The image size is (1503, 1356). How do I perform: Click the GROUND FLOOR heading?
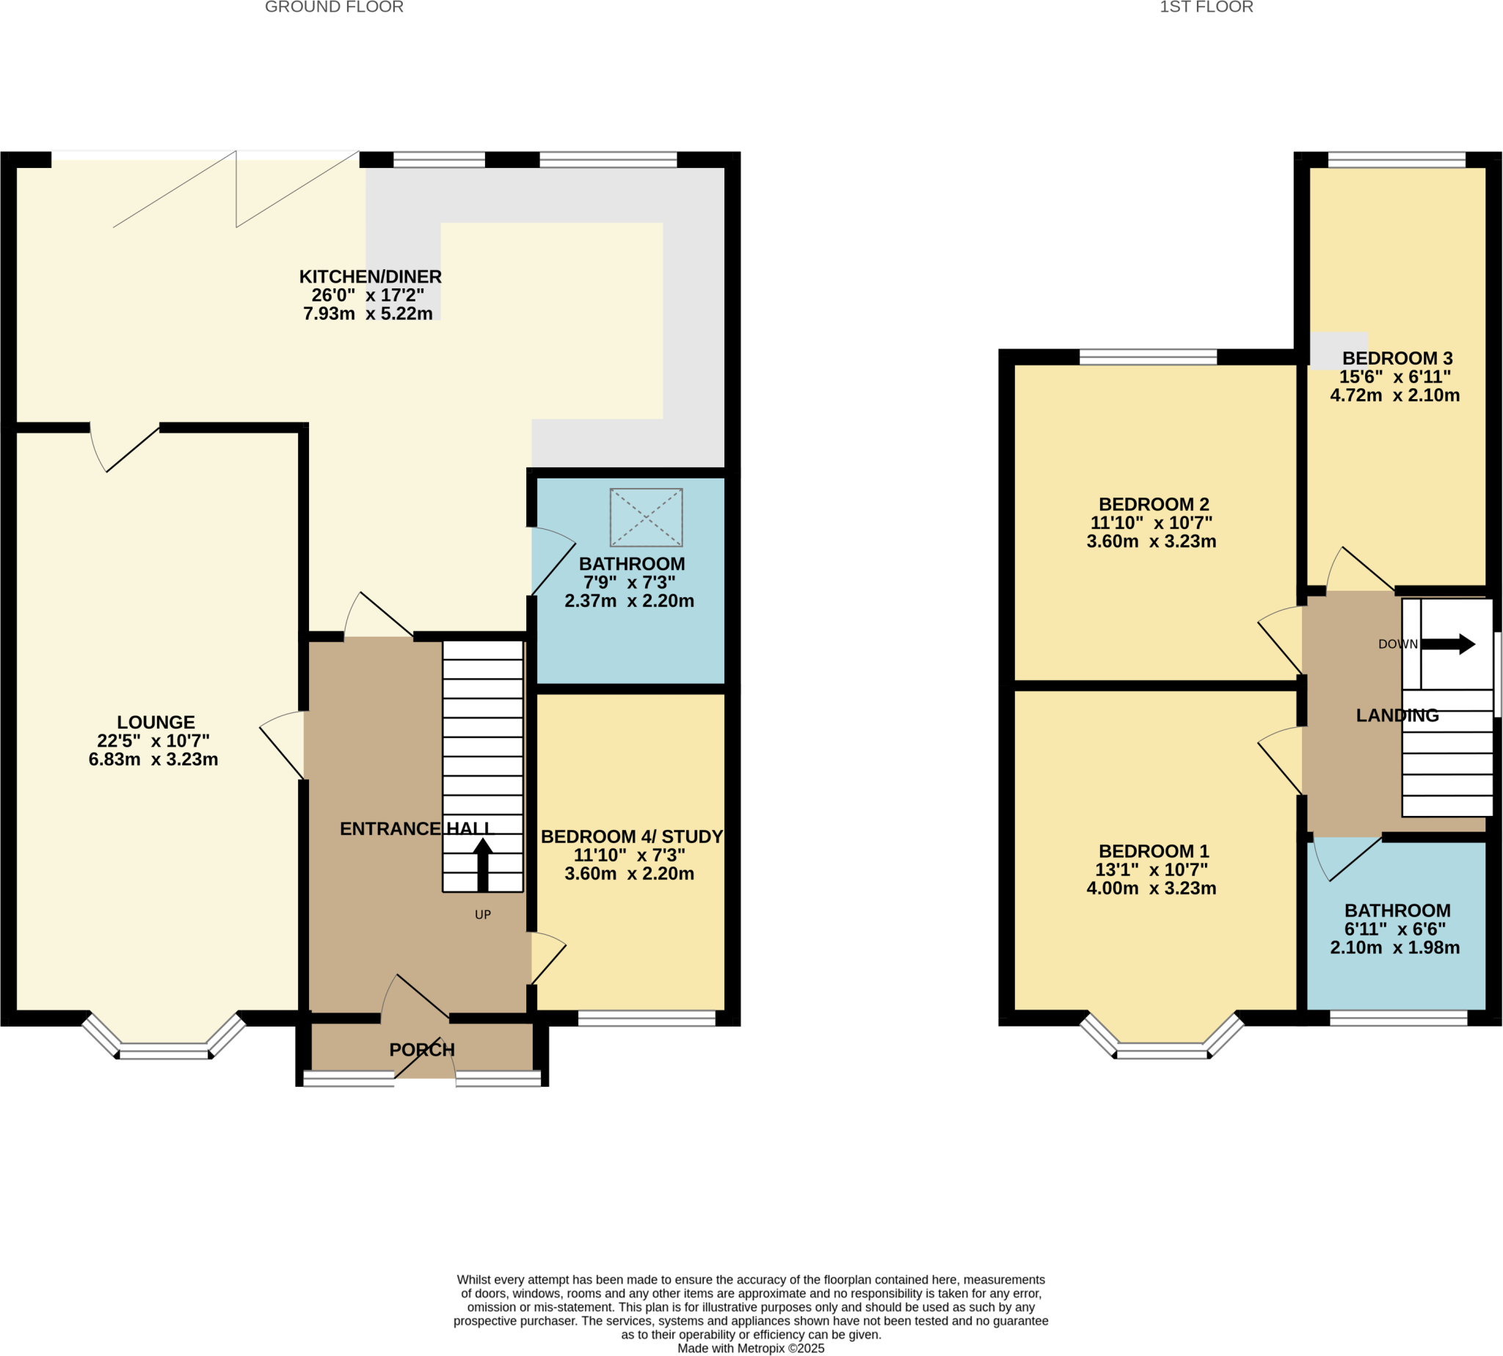point(334,7)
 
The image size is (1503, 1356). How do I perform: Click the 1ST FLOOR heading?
point(1206,7)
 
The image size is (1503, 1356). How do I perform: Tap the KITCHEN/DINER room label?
point(371,277)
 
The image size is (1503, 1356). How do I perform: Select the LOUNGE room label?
point(156,722)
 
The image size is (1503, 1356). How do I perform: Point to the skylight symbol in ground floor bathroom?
point(646,517)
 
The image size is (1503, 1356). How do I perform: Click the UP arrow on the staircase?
point(483,864)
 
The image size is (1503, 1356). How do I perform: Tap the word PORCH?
point(422,1050)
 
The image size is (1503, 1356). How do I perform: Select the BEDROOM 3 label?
point(1397,358)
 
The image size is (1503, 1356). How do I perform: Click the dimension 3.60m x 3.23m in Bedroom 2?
point(1151,542)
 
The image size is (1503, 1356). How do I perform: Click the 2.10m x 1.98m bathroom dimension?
point(1394,948)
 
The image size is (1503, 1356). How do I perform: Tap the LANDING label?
point(1397,715)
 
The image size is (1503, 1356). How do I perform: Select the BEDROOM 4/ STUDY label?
point(632,836)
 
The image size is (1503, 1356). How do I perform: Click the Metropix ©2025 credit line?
point(750,1349)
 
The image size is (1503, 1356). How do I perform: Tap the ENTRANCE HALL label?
point(415,828)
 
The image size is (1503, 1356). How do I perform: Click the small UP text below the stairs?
point(483,915)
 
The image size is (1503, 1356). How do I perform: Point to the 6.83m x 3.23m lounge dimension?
point(153,759)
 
